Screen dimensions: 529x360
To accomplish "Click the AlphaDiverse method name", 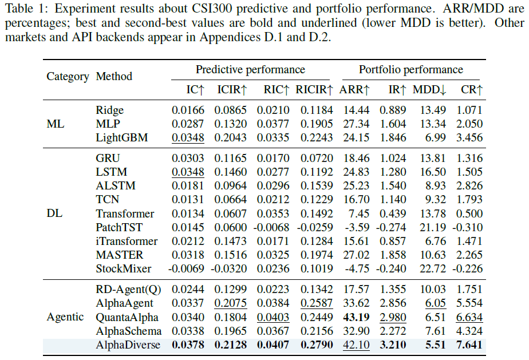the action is click(x=128, y=345).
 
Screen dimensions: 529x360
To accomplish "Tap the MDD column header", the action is click(x=429, y=89).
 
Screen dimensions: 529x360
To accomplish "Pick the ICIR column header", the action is click(x=232, y=89).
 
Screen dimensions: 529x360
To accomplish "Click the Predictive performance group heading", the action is click(x=250, y=69).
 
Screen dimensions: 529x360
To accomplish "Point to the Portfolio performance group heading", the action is click(x=411, y=69).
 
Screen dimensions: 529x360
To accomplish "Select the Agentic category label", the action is click(x=65, y=317).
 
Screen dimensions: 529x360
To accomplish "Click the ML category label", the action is click(x=56, y=124).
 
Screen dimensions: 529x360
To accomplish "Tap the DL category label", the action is click(x=54, y=213).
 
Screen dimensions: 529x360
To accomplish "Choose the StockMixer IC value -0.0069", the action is click(x=186, y=268).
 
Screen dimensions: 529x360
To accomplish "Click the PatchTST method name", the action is click(x=119, y=227).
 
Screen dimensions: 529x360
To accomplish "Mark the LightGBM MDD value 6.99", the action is click(x=435, y=138).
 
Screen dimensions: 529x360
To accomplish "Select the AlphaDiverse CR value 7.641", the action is click(x=469, y=345).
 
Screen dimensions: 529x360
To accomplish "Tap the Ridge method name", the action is click(x=110, y=110).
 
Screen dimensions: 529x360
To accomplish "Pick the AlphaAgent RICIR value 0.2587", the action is click(x=317, y=303).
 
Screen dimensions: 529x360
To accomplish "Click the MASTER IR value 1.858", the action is click(x=393, y=255).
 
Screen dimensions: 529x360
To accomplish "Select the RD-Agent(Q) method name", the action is click(x=129, y=290).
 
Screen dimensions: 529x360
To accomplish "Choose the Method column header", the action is click(x=114, y=76).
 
